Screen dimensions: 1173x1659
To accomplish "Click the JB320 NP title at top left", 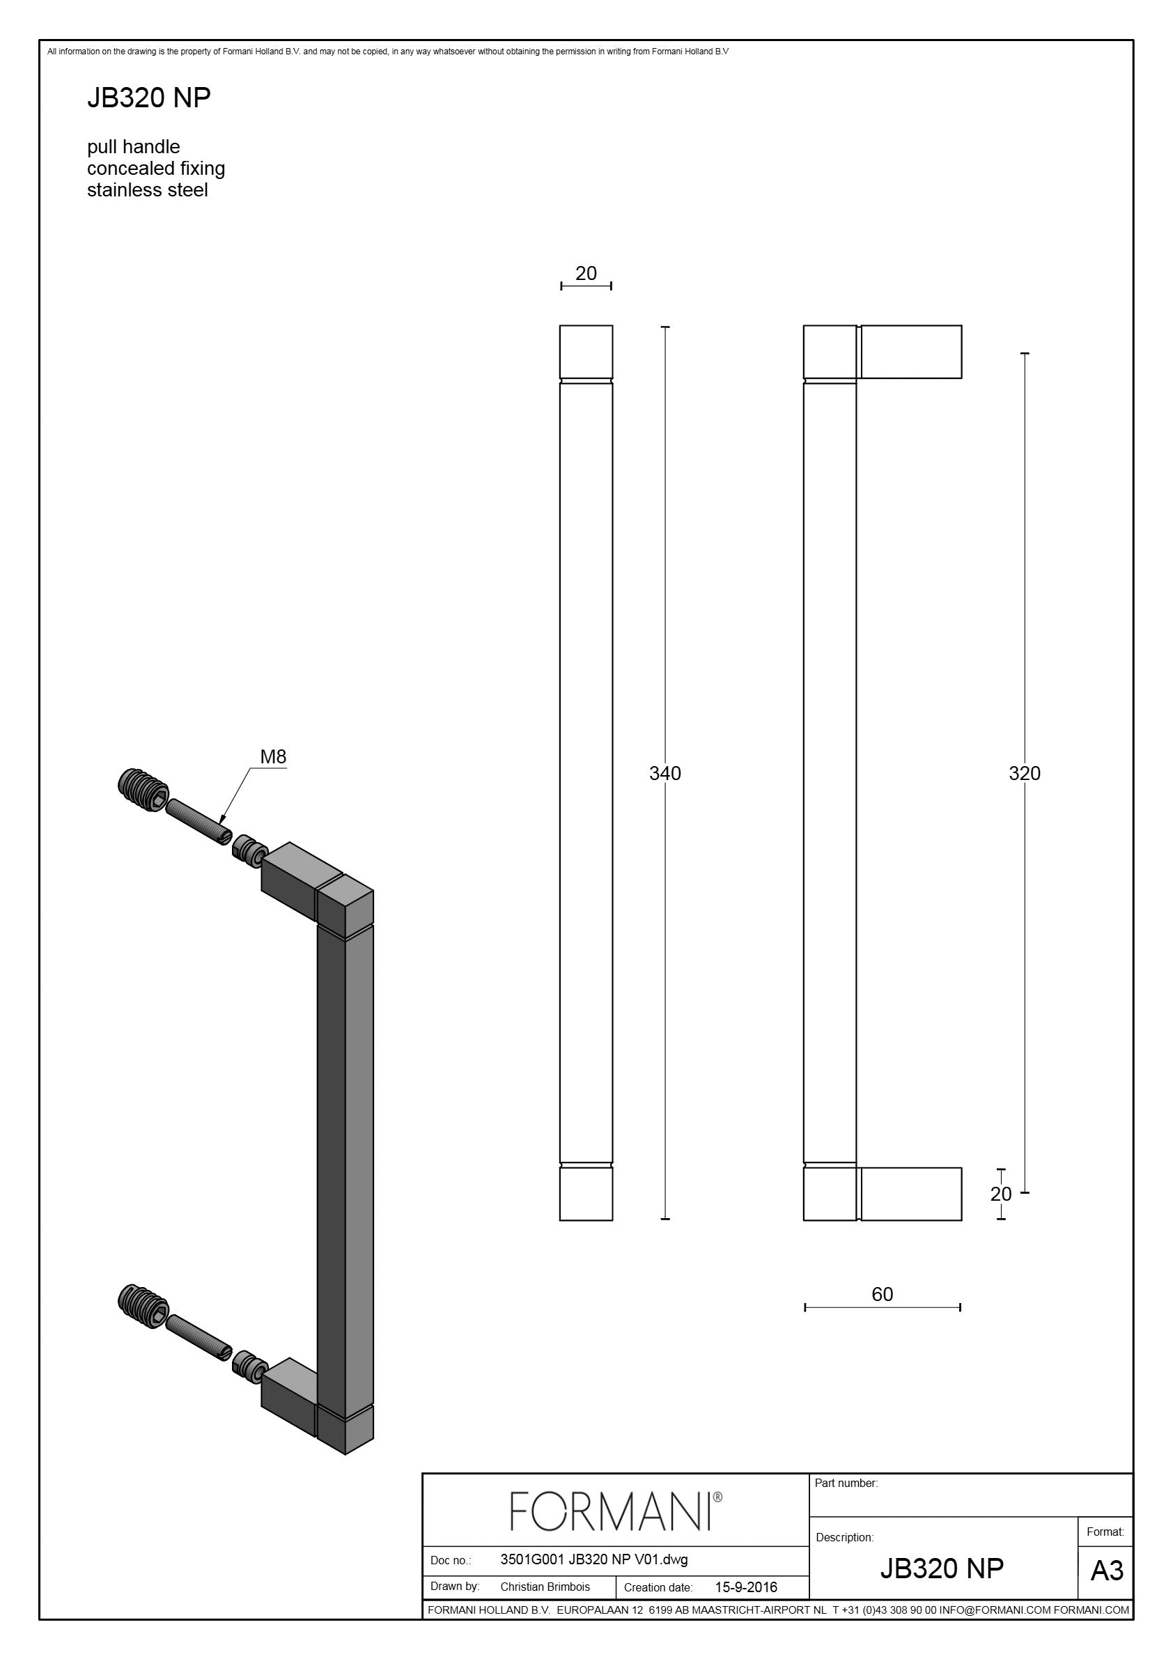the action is coord(149,98).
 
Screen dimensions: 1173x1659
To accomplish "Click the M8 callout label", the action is coord(273,756).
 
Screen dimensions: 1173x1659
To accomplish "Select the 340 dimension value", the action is coord(665,773).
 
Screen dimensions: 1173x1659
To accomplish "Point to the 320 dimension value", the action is coord(1024,773).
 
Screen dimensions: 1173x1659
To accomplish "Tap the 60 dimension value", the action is coord(883,1293).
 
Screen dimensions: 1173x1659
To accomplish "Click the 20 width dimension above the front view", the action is coord(586,273).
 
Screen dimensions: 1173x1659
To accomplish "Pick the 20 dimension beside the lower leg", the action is coord(1001,1194).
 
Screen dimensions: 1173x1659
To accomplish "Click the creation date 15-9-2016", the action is coord(746,1587).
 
